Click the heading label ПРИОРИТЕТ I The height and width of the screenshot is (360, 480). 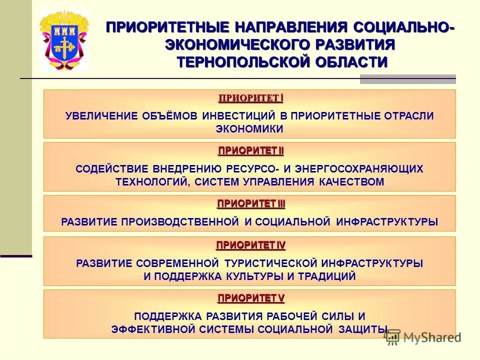(x=250, y=97)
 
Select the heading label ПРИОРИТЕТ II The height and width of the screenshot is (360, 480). (x=250, y=150)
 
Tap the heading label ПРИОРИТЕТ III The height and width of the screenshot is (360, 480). (x=250, y=203)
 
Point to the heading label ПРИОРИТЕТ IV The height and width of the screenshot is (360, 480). (x=250, y=245)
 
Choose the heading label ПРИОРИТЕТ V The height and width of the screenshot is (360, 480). (x=250, y=298)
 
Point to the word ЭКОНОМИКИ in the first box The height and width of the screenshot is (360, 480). (x=249, y=129)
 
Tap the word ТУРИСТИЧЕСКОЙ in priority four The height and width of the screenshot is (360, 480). (x=271, y=263)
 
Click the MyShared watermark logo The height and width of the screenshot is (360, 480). (x=422, y=337)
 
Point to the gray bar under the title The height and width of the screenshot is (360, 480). (x=407, y=79)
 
